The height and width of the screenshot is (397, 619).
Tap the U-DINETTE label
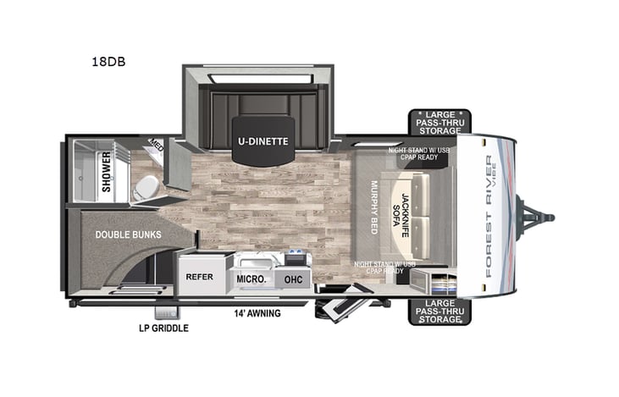(262, 141)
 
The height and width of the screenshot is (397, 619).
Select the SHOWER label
(107, 172)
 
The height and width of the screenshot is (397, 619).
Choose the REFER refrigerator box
(200, 276)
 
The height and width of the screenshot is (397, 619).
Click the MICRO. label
(253, 278)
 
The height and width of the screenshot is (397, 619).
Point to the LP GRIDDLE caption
(164, 328)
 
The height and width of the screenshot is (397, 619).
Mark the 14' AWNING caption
(257, 313)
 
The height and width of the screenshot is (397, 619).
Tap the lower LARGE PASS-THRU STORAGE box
(439, 311)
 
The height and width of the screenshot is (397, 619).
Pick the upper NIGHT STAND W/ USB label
(414, 153)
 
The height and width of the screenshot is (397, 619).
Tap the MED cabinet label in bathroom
(156, 146)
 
